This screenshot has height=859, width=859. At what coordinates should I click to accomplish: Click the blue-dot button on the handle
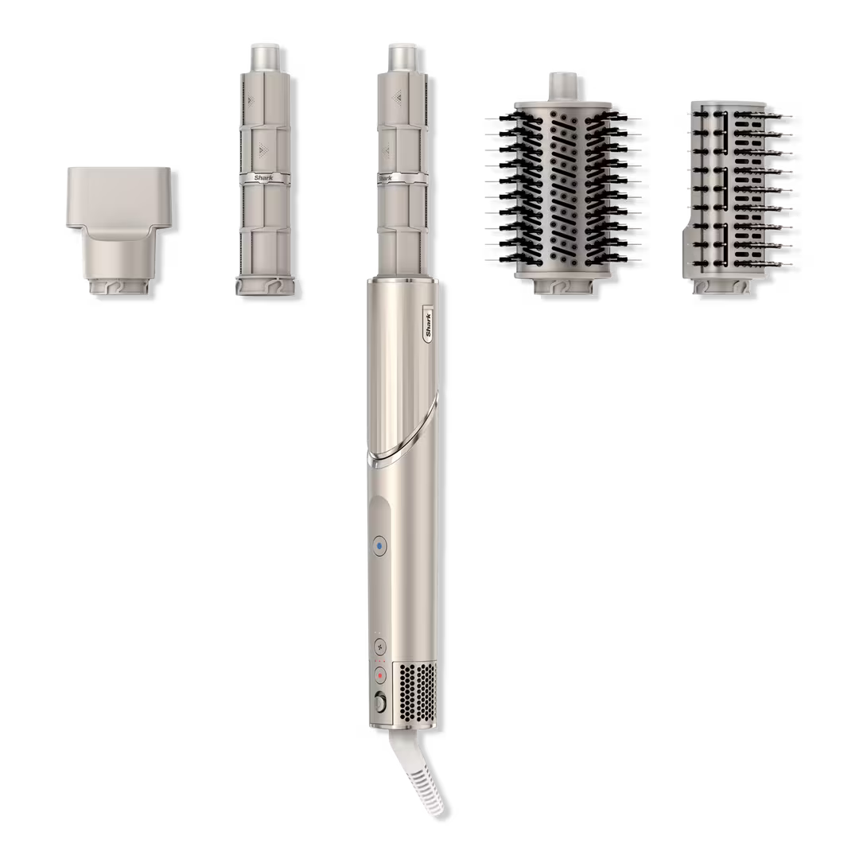pos(379,546)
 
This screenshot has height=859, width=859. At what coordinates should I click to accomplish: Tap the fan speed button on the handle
pos(379,647)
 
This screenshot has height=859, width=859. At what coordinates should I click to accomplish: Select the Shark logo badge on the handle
pos(429,325)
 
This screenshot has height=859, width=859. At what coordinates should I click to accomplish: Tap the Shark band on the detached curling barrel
pos(263,177)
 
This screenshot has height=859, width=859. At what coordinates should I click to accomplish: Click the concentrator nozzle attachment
pos(119,232)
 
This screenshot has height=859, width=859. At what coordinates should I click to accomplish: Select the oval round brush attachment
pos(562,186)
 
